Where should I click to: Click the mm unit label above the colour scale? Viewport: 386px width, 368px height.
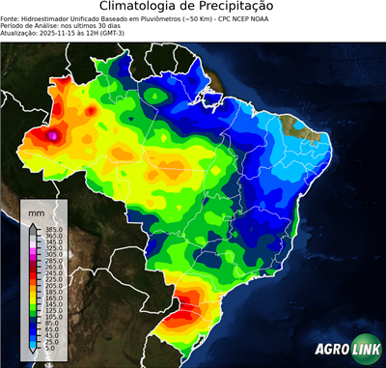36,211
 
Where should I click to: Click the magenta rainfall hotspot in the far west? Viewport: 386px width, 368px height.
54,137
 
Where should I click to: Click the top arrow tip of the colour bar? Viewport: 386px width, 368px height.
33,225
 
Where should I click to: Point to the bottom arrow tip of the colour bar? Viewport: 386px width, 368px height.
33,352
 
